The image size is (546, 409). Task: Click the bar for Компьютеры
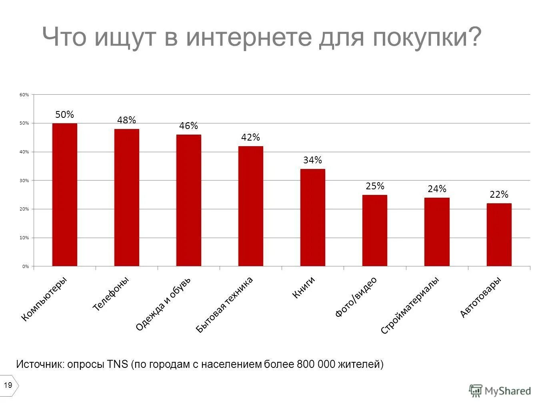(64, 195)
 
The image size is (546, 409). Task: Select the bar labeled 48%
(126, 197)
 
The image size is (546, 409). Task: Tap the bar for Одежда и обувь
(188, 200)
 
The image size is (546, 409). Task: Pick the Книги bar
(312, 217)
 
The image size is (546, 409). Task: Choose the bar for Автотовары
(499, 234)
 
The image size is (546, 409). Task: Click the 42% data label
(250, 137)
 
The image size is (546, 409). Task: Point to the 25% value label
(375, 186)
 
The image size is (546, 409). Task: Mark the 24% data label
(437, 189)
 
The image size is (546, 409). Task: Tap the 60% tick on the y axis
(24, 95)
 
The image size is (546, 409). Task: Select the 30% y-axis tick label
(24, 181)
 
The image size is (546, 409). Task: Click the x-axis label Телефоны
(111, 294)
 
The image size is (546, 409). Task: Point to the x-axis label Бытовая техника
(224, 304)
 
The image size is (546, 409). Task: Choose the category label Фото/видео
(356, 297)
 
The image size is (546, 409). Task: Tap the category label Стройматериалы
(410, 305)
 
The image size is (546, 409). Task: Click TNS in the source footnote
(118, 364)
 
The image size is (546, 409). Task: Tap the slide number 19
(8, 385)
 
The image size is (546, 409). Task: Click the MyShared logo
(500, 391)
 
